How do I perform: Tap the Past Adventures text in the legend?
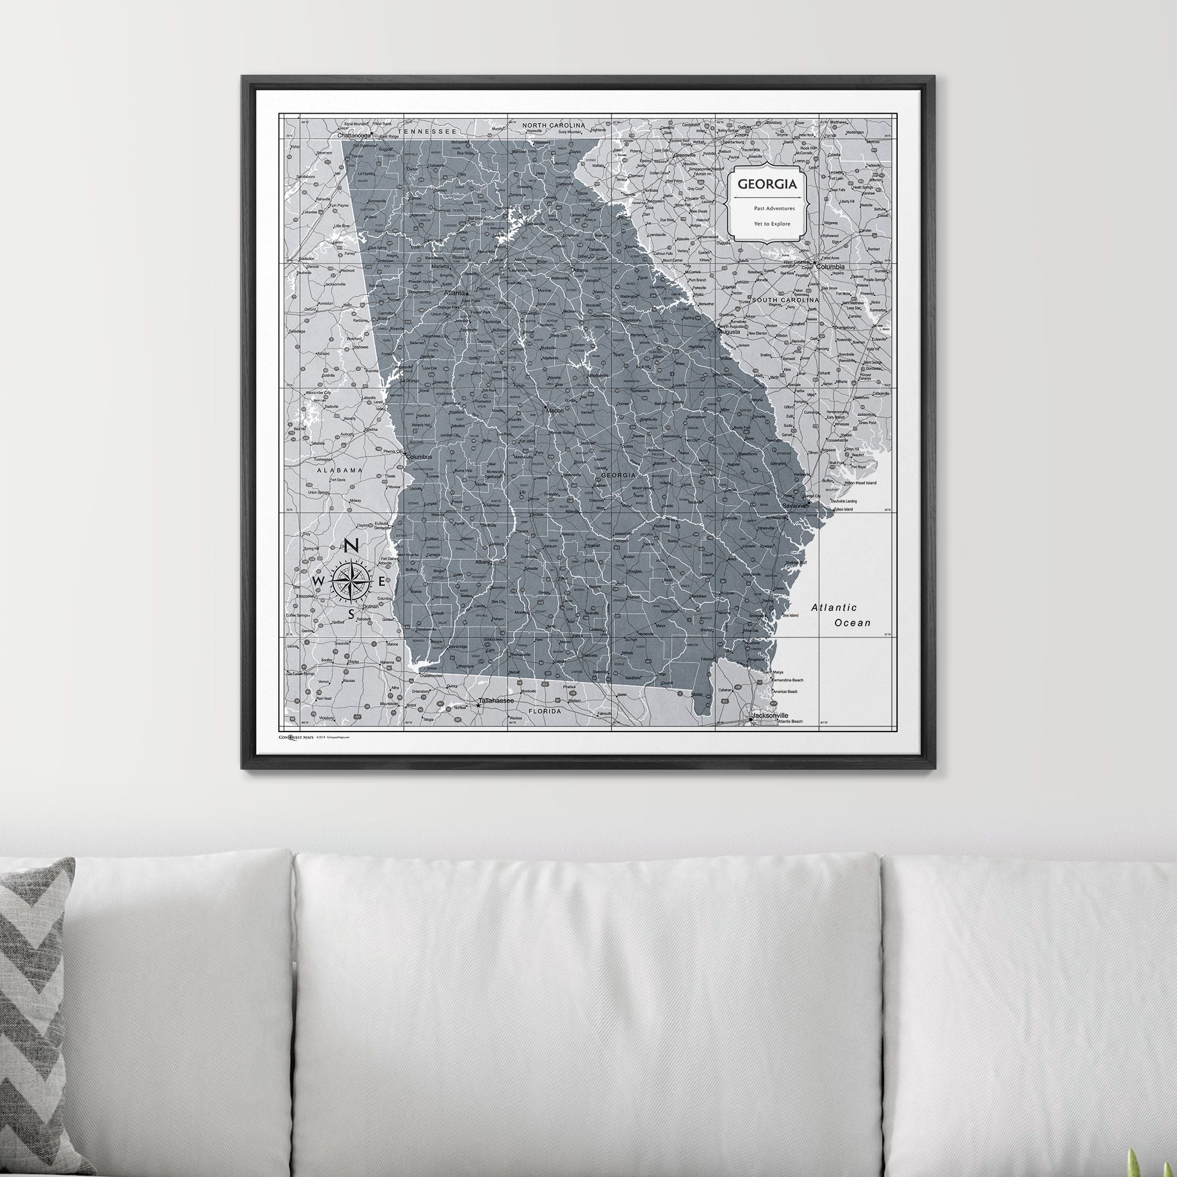pyautogui.click(x=774, y=209)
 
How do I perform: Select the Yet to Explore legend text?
pyautogui.click(x=772, y=224)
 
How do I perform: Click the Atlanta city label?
pyautogui.click(x=454, y=293)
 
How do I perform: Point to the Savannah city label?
pyautogui.click(x=795, y=506)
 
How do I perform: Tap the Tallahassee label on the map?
pyautogui.click(x=496, y=701)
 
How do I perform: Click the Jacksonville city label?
pyautogui.click(x=770, y=715)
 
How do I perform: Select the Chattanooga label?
pyautogui.click(x=354, y=135)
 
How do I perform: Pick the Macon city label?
pyautogui.click(x=555, y=410)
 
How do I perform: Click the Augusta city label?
pyautogui.click(x=729, y=332)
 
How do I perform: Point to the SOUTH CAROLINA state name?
pyautogui.click(x=785, y=301)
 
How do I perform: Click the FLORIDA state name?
pyautogui.click(x=544, y=711)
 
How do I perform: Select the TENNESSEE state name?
pyautogui.click(x=427, y=131)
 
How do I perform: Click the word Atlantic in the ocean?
pyautogui.click(x=833, y=607)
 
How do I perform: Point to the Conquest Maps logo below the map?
pyautogui.click(x=295, y=737)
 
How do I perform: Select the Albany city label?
pyautogui.click(x=483, y=562)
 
